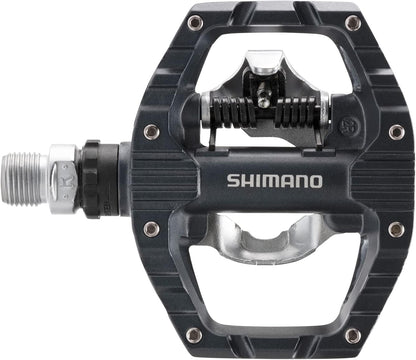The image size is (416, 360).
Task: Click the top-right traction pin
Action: click(352, 21)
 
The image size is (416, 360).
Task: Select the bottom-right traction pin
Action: click(352, 334)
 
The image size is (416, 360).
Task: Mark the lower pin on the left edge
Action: click(151, 229)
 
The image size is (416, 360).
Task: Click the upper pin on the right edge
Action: click(396, 130)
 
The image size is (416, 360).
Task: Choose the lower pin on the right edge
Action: click(396, 229)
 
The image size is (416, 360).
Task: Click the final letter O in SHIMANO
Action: click(316, 181)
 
